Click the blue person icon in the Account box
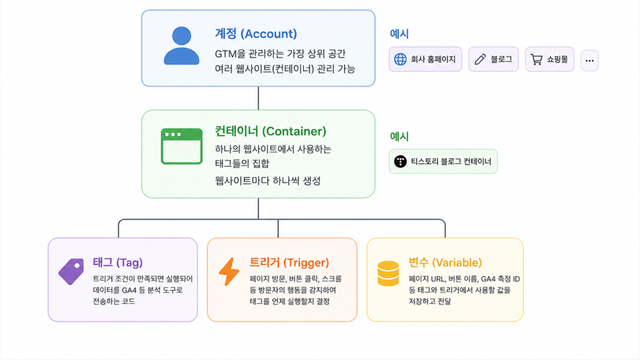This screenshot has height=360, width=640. tap(182, 46)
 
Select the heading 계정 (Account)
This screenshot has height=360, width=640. tap(256, 34)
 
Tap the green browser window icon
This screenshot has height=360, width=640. tap(182, 146)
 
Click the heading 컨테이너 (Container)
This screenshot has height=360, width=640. tap(271, 131)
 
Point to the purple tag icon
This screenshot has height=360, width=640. tap(71, 271)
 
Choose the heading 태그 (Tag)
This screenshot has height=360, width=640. tap(117, 262)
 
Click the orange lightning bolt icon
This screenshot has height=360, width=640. tap(229, 271)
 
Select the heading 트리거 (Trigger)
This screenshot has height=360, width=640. tap(289, 262)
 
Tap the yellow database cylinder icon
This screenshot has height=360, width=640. tap(388, 274)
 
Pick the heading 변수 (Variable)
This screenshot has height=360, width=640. tap(445, 262)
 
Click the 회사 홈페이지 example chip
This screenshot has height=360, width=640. tap(425, 59)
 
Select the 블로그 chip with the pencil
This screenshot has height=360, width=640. tap(494, 59)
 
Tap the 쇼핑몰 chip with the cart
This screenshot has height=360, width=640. tap(549, 59)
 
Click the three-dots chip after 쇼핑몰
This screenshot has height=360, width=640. tap(589, 61)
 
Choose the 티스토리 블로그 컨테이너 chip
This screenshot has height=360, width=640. tap(443, 161)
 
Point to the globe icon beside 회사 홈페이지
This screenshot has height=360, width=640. tap(401, 59)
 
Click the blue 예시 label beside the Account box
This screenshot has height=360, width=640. tap(399, 34)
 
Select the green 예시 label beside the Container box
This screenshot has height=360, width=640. tap(399, 136)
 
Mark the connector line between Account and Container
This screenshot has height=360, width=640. tap(258, 98)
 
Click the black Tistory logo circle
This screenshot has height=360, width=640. tap(401, 161)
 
